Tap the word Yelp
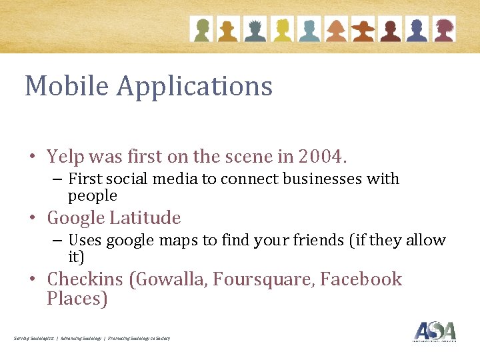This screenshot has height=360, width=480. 64,157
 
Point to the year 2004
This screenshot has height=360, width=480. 323,157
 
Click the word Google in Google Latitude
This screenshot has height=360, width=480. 75,219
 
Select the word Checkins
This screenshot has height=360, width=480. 85,279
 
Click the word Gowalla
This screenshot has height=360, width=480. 172,279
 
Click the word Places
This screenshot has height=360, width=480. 77,299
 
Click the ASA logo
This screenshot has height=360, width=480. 435,331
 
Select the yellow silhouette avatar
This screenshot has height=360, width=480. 282,29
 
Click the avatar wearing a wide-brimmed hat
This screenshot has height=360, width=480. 363,29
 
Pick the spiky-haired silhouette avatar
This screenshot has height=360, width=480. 255,29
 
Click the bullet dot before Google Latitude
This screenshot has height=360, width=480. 32,219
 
